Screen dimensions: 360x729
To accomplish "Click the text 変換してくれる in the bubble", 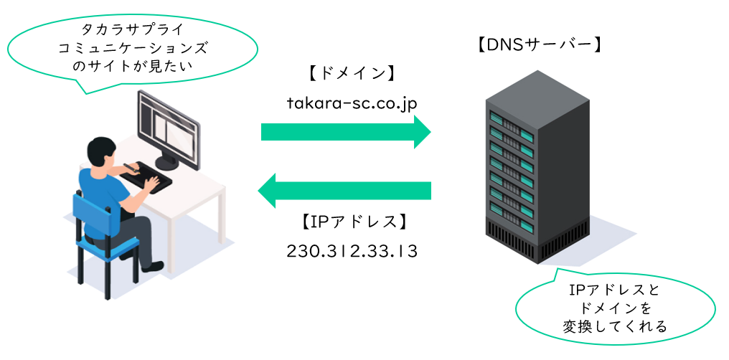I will point(615,326).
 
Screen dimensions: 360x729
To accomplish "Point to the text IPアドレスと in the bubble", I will point(615,290).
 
